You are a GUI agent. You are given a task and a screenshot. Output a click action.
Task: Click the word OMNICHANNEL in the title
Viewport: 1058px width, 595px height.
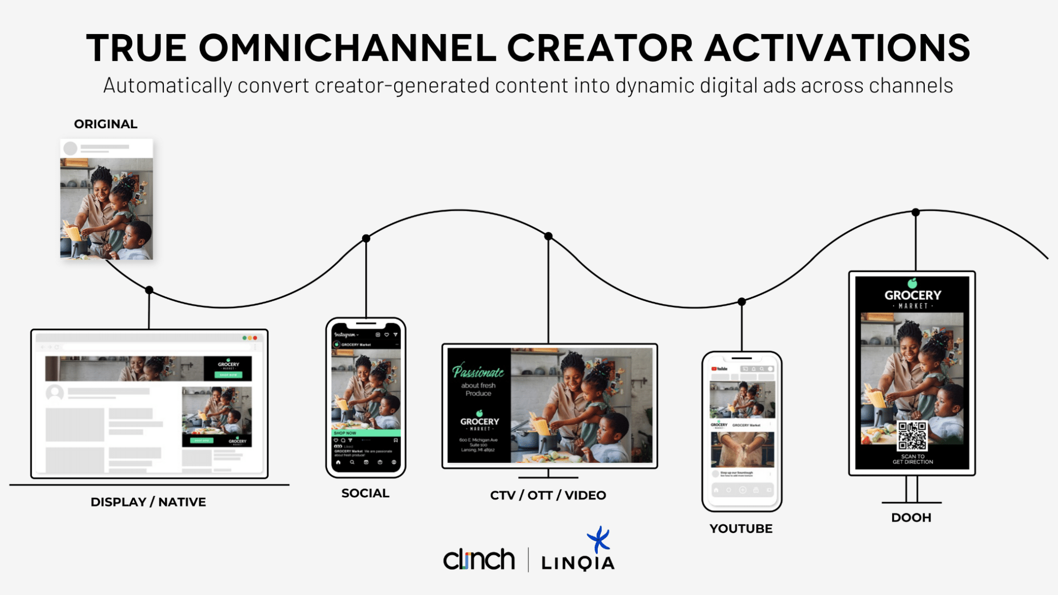(x=348, y=48)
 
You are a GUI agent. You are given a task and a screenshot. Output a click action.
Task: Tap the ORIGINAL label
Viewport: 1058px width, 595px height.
(x=105, y=124)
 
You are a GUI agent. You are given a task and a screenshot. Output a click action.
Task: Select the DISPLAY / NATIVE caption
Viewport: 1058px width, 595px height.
(x=148, y=502)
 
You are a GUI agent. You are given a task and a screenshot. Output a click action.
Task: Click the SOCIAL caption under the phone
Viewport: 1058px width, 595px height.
(x=365, y=493)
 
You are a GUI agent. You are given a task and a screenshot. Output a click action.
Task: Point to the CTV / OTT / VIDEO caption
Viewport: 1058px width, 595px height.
(x=548, y=495)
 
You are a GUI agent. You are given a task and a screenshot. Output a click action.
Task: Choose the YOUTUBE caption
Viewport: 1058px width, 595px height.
(x=741, y=529)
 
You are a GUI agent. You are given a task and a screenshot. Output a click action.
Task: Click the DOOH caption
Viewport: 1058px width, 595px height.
(x=911, y=518)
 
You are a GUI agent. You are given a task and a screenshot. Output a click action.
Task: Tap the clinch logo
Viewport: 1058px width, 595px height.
(x=479, y=560)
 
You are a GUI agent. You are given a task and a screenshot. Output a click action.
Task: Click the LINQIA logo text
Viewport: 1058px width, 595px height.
(x=578, y=563)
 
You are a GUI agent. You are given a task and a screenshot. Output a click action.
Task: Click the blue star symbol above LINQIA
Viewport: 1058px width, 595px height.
(x=599, y=539)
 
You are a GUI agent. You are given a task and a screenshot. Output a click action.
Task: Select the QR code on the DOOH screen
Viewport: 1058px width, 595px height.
(x=912, y=436)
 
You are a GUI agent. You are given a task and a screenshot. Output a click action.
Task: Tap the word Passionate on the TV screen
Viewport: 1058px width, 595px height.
(x=478, y=371)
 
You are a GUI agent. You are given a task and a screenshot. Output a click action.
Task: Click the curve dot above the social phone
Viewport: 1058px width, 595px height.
(x=366, y=238)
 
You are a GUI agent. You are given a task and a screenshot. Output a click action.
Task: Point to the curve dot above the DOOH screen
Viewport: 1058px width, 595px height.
(x=915, y=212)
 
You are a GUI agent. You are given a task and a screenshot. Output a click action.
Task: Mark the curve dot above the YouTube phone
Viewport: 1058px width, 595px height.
(x=741, y=302)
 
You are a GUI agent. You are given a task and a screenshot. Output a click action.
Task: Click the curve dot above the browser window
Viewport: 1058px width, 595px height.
(x=149, y=290)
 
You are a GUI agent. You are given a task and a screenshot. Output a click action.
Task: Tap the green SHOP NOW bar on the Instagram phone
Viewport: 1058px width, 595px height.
(x=366, y=433)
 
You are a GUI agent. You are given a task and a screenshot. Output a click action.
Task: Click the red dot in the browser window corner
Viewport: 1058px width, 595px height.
(x=255, y=338)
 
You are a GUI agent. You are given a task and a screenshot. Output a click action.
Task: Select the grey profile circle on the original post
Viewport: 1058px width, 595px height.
(x=70, y=149)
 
